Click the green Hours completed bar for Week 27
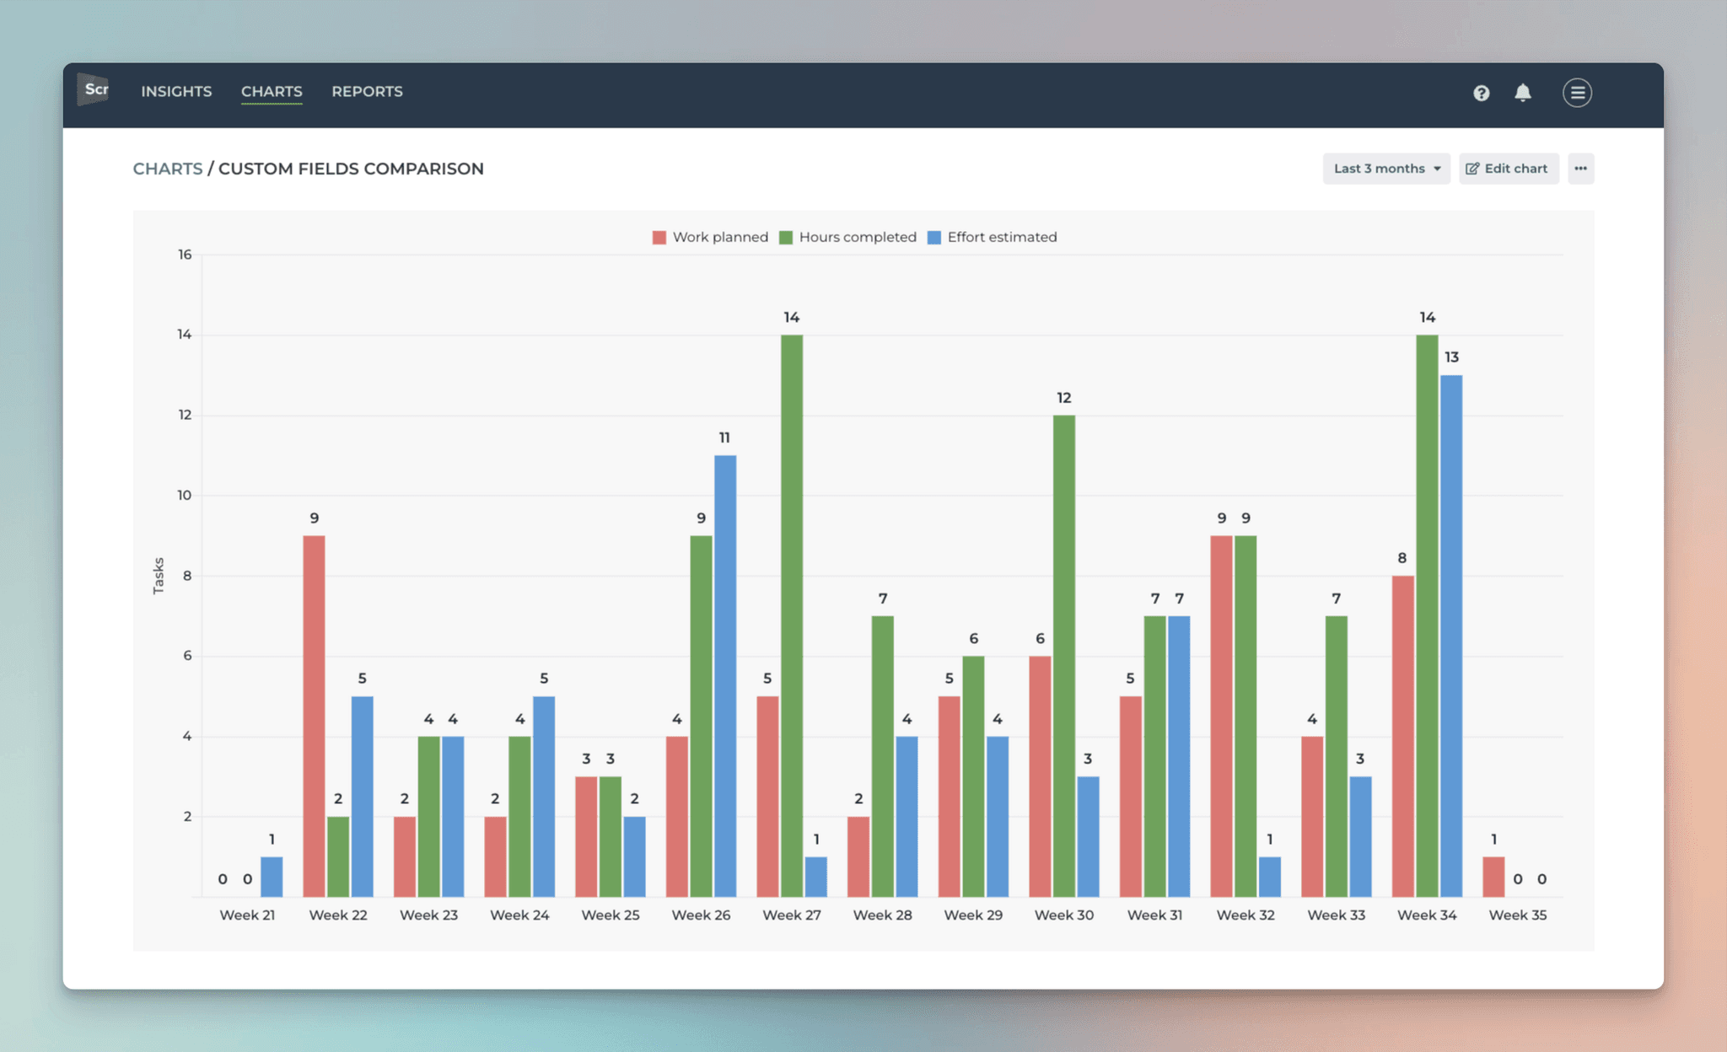pos(791,615)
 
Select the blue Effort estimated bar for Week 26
pos(724,675)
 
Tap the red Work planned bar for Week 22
pos(314,716)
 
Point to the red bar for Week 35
pos(1493,877)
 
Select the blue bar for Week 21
pos(272,877)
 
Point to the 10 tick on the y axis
pos(184,495)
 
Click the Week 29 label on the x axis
pos(973,915)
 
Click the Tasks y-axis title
pos(159,576)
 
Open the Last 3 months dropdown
pos(1385,169)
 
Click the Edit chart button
pos(1508,169)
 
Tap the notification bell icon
pos(1522,93)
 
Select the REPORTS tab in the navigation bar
pos(367,91)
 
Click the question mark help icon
pos(1481,93)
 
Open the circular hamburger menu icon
pos(1577,93)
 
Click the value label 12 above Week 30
pos(1063,398)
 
